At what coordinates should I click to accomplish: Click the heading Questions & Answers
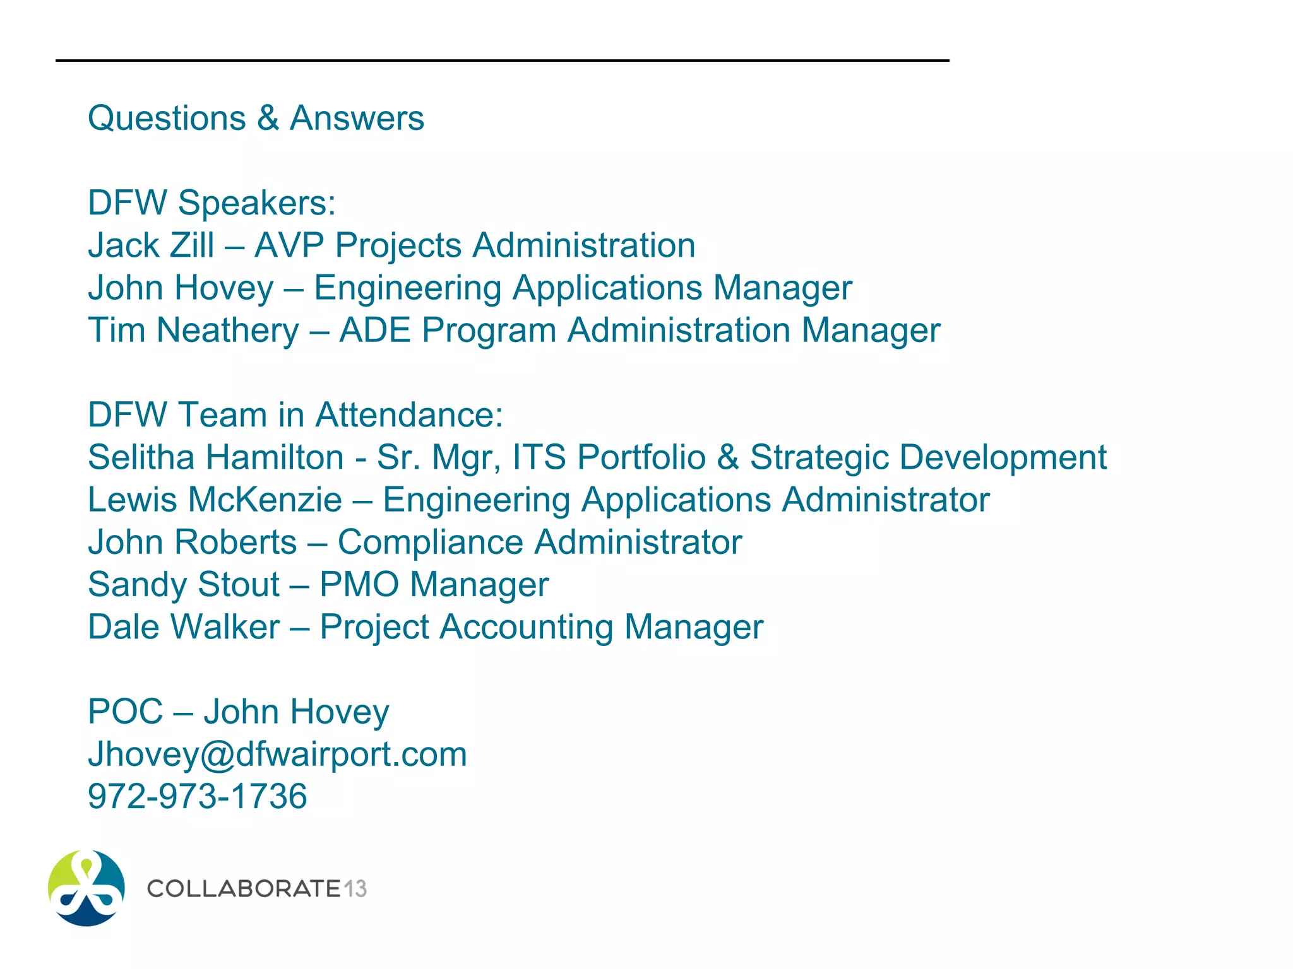[256, 119]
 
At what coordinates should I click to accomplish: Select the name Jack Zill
[151, 245]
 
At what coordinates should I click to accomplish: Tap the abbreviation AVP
[289, 245]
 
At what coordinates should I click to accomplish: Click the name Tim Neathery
[193, 331]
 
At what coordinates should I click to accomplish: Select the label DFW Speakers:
[212, 203]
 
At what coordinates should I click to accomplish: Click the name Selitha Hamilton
[215, 457]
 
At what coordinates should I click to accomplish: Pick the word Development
[1003, 457]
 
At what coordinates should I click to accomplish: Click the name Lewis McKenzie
[215, 500]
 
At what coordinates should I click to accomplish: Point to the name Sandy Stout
[183, 585]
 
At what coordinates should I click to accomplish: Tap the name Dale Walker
[184, 627]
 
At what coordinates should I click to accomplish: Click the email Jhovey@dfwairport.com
[277, 755]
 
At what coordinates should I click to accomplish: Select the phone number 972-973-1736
[197, 796]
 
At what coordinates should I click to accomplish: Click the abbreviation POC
[125, 712]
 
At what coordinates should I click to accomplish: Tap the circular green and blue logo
[86, 888]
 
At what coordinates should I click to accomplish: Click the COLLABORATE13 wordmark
[256, 889]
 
